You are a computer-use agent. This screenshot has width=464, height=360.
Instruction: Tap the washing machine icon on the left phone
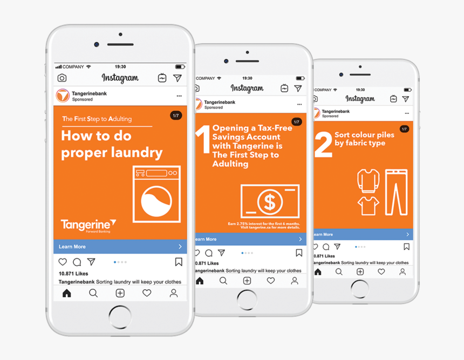pyautogui.click(x=156, y=194)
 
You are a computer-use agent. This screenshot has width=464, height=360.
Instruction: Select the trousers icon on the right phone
pyautogui.click(x=396, y=192)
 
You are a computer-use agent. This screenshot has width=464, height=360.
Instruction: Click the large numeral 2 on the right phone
pyautogui.click(x=323, y=144)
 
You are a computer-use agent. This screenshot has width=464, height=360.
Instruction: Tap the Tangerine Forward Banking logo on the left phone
pyautogui.click(x=88, y=225)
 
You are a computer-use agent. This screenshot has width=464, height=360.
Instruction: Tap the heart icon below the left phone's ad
pyautogui.click(x=63, y=262)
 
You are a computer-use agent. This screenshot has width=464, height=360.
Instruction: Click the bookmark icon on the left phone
pyautogui.click(x=178, y=262)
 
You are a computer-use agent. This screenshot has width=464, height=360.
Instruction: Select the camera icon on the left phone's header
pyautogui.click(x=62, y=78)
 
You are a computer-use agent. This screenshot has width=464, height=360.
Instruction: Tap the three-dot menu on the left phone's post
pyautogui.click(x=179, y=96)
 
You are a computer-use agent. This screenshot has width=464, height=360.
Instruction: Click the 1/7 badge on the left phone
pyautogui.click(x=176, y=116)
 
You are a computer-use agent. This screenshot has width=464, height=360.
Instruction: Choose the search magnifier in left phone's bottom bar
pyautogui.click(x=93, y=293)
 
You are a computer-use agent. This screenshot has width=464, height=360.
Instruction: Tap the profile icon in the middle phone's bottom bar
pyautogui.click(x=295, y=281)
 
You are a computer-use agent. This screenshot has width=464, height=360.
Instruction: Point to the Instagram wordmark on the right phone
pyautogui.click(x=360, y=99)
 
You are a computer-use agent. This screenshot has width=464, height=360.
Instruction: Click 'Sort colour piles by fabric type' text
pyautogui.click(x=364, y=139)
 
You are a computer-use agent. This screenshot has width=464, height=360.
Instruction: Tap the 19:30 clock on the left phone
pyautogui.click(x=120, y=67)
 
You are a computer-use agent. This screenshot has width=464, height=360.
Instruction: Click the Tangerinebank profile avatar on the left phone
pyautogui.click(x=63, y=96)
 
